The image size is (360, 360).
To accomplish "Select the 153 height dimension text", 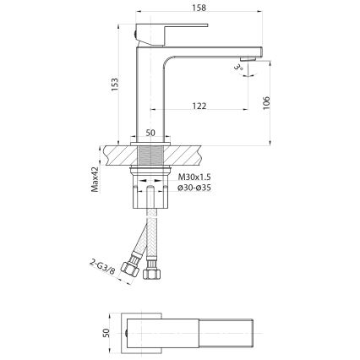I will [x=112, y=85].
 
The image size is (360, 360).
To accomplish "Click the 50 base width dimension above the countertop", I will [x=151, y=134].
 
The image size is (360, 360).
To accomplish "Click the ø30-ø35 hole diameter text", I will [x=196, y=188].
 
